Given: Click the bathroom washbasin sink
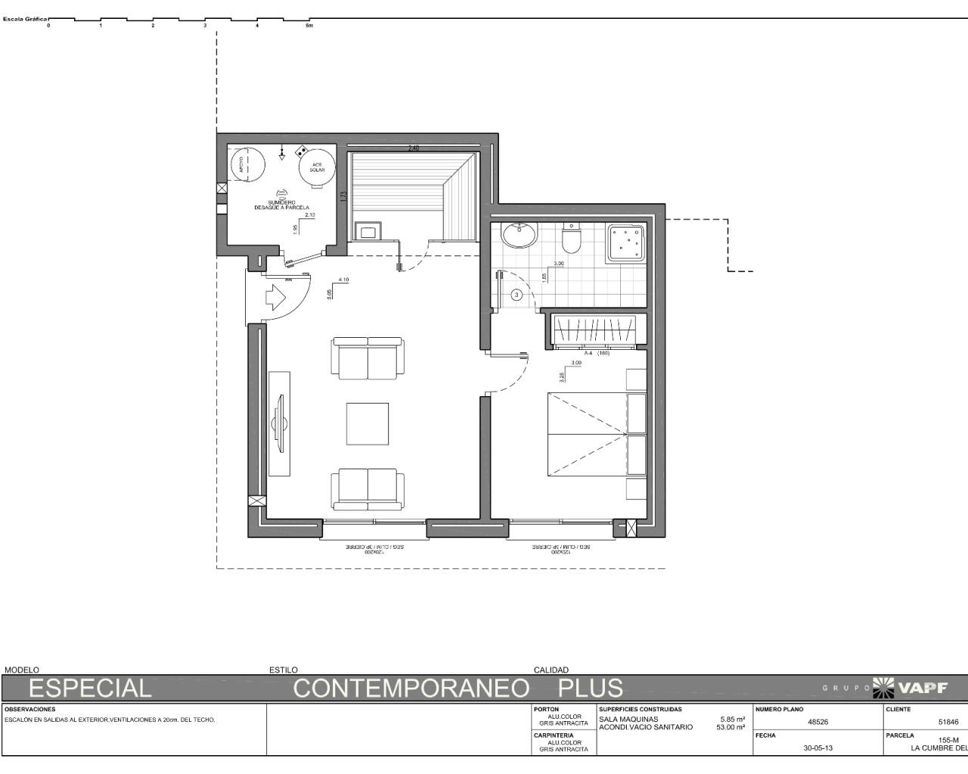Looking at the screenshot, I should pos(520,235).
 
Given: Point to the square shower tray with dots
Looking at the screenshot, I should pos(626,243).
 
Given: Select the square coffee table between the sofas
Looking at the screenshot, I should pos(368,424).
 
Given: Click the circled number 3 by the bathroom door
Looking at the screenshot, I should pos(517,295).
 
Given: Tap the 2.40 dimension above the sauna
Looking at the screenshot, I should pos(413,148).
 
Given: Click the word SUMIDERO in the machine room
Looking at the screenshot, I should pos(281,203).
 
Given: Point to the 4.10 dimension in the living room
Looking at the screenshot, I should pos(343,280).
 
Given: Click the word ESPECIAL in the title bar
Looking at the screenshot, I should pos(90,688).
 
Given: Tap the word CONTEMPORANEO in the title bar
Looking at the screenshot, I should pos(411,688).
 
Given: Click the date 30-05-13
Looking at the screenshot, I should pos(818,749).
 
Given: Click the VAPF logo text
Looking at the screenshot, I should pos(921,687).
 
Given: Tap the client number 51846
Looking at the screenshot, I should pos(948,722).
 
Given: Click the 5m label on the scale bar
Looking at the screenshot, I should pos(309,26).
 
